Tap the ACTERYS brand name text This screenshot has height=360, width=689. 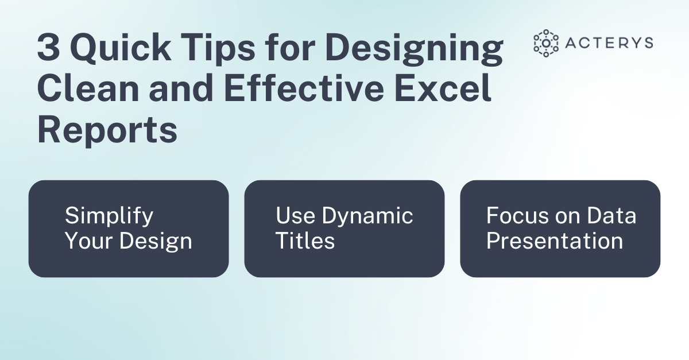(609, 43)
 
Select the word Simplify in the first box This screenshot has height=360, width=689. (109, 216)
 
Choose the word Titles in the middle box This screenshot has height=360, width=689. (305, 241)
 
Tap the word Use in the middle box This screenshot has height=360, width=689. (296, 216)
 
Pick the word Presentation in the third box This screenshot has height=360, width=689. (555, 241)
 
